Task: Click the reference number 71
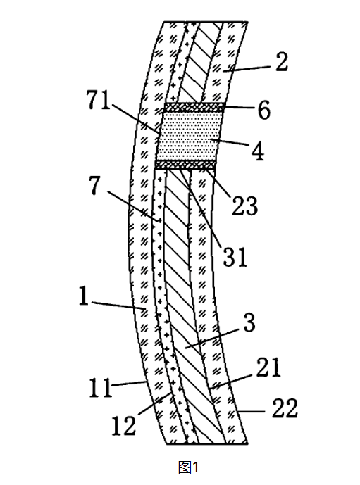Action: (x=99, y=101)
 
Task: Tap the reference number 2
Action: (x=281, y=62)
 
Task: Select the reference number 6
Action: (x=264, y=111)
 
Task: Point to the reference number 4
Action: (x=258, y=151)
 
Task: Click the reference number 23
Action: (x=245, y=206)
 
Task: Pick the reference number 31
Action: (x=235, y=257)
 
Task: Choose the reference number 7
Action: (x=95, y=185)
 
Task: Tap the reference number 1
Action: (x=84, y=296)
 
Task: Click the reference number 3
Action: (x=249, y=322)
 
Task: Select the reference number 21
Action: (x=268, y=367)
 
